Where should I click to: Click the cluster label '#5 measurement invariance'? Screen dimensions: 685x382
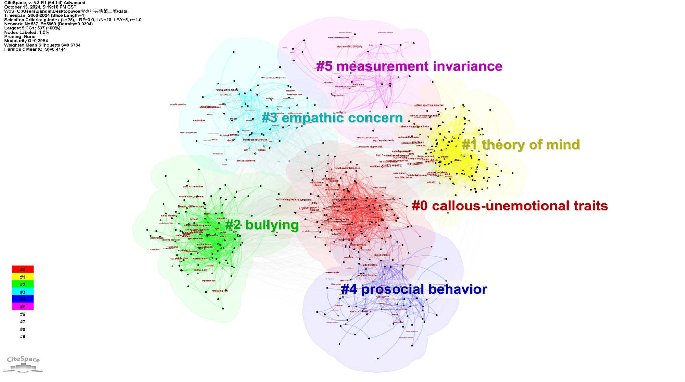409,66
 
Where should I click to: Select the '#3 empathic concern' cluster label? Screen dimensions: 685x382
332,118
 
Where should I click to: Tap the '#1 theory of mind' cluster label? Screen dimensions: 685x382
521,145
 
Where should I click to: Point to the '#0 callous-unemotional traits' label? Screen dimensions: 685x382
510,206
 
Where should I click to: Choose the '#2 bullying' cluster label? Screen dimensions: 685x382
262,225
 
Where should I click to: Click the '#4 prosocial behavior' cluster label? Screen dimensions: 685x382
414,289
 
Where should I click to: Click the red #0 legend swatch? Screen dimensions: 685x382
23,269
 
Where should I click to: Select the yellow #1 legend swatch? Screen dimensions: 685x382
23,277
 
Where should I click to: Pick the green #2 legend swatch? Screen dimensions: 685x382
23,284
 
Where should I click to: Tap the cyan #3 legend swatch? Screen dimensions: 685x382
23,292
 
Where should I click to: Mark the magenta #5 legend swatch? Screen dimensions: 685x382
23,307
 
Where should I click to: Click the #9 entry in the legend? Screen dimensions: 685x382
23,336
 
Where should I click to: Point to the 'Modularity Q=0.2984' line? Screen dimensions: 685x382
26,41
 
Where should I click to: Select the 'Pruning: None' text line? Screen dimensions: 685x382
20,37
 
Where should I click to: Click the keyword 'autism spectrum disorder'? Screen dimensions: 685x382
429,105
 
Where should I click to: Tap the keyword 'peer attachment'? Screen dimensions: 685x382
246,161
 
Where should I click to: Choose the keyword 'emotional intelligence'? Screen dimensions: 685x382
348,168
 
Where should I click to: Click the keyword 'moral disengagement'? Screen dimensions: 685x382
191,197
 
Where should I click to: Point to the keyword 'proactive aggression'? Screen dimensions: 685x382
370,147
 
